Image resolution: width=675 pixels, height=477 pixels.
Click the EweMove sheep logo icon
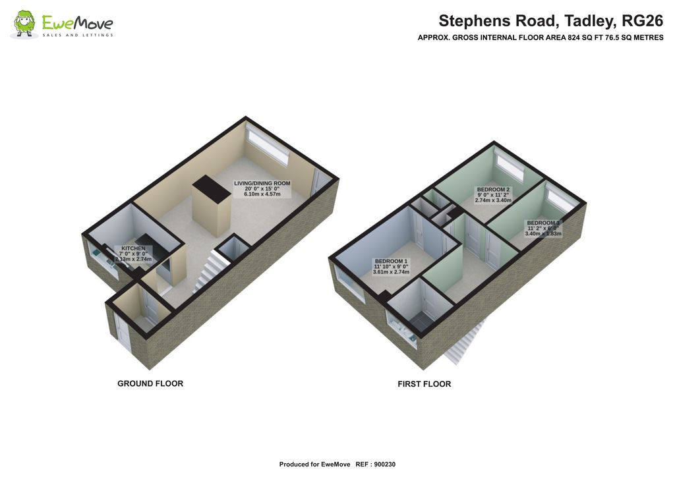pos(25,24)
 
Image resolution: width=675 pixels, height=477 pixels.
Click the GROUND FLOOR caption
pos(150,383)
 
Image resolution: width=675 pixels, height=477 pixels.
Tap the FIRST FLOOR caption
pos(424,384)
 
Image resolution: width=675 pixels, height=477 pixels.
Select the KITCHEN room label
pos(132,248)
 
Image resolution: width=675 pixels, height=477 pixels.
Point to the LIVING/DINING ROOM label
pos(262,183)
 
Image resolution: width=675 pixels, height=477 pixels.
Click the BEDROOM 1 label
pos(392,260)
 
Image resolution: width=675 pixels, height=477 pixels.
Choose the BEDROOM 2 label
pos(493,190)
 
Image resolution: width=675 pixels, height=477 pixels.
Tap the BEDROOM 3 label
pos(543,223)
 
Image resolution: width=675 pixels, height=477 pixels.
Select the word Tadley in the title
pos(579,20)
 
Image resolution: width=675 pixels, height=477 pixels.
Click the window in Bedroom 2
pos(510,167)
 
